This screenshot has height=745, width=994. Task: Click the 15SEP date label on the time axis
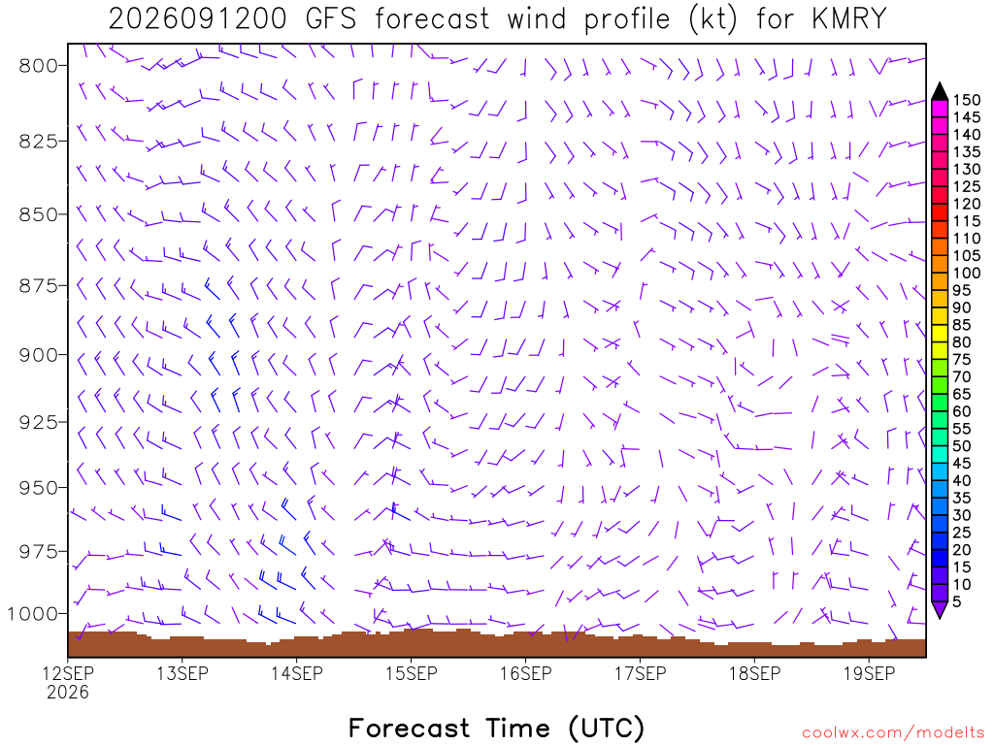point(412,673)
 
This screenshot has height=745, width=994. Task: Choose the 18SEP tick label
point(754,673)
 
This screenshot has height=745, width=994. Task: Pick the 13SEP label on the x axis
point(182,673)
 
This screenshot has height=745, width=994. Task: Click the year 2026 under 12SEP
point(68,692)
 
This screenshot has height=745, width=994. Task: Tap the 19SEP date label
point(869,673)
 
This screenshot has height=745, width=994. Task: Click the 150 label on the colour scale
point(967,100)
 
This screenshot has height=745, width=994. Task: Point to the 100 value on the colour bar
point(967,273)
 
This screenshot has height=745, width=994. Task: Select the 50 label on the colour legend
point(962,446)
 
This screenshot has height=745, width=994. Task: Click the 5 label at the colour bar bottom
point(957,601)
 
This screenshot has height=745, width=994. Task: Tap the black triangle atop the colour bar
point(940,92)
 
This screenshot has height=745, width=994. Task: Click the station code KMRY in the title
point(848,19)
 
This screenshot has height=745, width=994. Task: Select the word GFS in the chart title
point(330,19)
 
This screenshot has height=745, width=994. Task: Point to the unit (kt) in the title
point(713,19)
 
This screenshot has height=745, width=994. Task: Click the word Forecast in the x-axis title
point(409,728)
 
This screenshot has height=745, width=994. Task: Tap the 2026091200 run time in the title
point(197,19)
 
